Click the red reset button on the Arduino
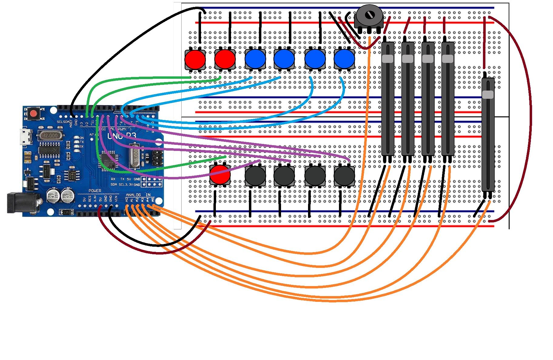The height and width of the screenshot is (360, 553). [33, 114]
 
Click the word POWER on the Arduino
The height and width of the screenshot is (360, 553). [95, 191]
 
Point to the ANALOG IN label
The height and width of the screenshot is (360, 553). [138, 195]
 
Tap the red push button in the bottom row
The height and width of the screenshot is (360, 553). [220, 175]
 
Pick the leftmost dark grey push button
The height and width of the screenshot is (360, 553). [255, 175]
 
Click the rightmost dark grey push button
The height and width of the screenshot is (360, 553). [344, 175]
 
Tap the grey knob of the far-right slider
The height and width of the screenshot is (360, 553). [488, 95]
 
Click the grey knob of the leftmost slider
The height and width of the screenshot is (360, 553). [387, 59]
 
